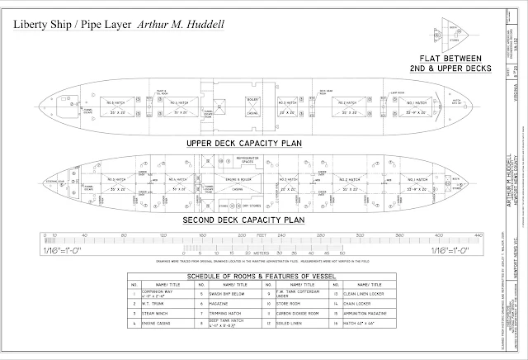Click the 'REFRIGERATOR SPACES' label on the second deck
250,163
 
